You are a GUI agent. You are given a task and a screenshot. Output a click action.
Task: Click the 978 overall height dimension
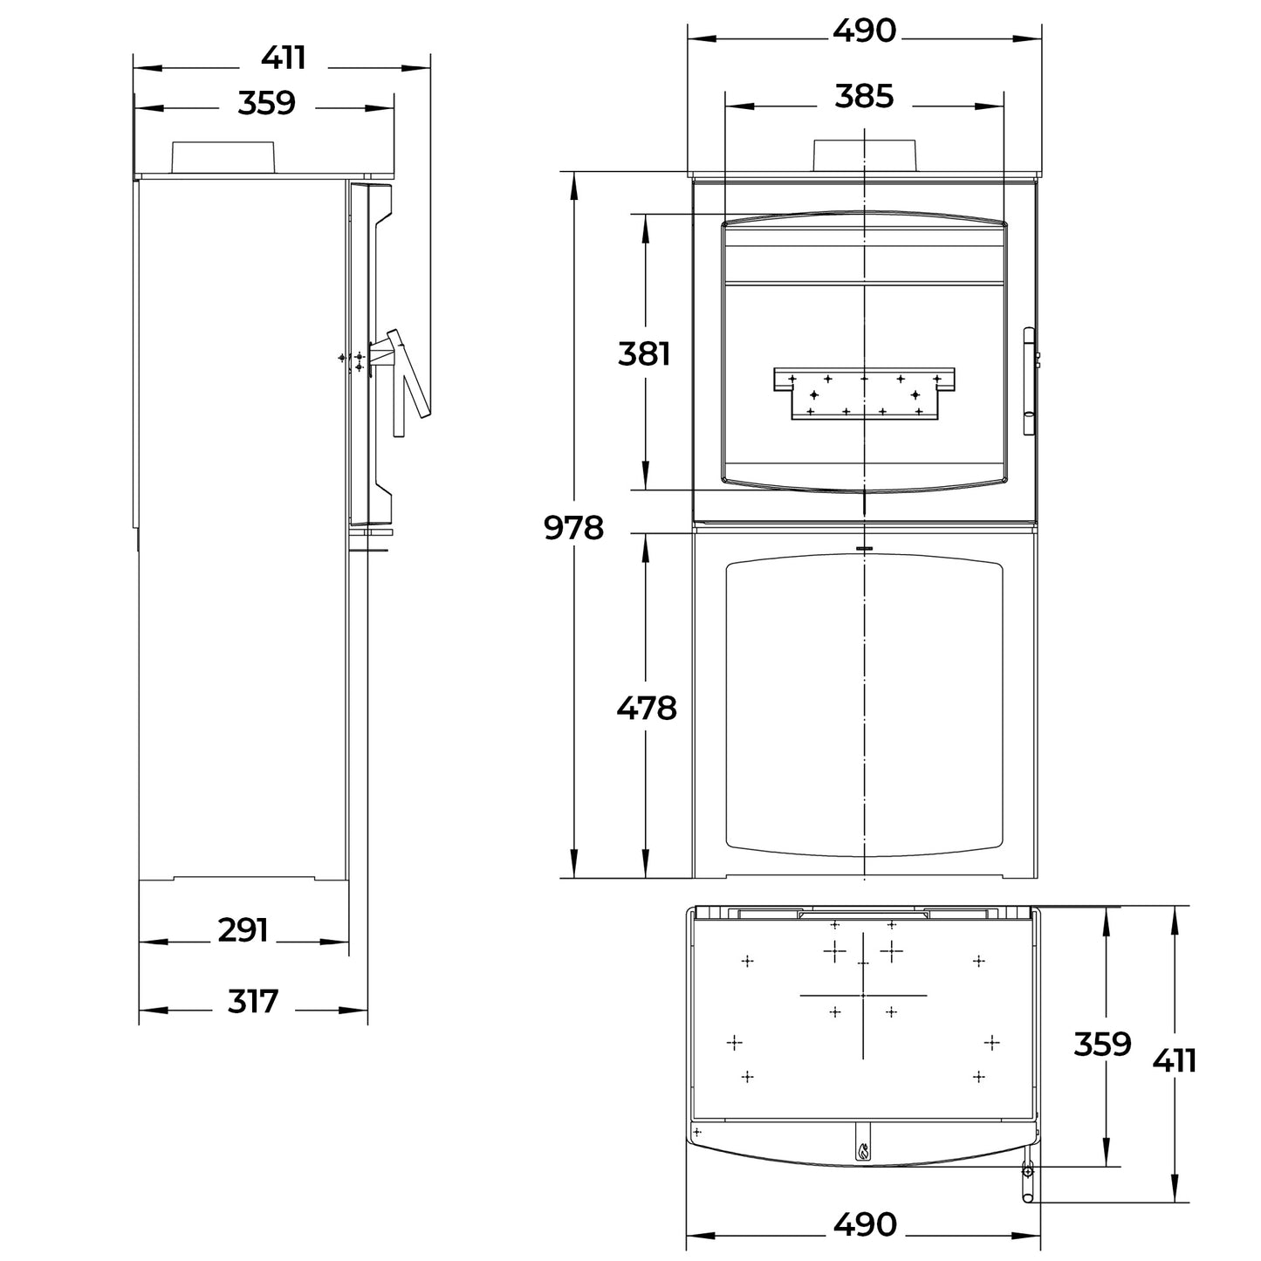tap(573, 527)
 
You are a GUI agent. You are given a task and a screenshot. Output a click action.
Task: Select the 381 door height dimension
tap(644, 354)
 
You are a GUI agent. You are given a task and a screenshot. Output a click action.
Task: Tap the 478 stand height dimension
tap(647, 708)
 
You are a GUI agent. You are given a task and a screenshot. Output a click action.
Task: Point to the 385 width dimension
tap(864, 96)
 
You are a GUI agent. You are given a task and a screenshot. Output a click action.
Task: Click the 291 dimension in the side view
tap(243, 930)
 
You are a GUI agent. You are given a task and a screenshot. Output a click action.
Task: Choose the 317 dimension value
tap(252, 1001)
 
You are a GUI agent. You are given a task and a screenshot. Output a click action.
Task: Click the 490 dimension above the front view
tap(864, 30)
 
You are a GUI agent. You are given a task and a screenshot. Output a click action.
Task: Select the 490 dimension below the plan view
tap(865, 1224)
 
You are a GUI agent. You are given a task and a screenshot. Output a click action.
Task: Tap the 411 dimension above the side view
tap(284, 58)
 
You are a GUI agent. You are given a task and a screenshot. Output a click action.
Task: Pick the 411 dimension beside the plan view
tap(1174, 1061)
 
